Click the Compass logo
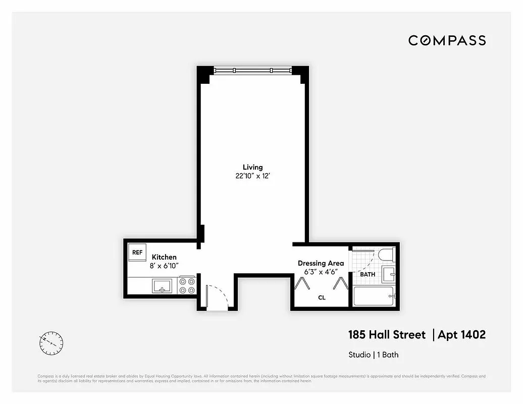pyautogui.click(x=447, y=40)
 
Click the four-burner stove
pyautogui.click(x=187, y=285)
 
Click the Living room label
pyautogui.click(x=252, y=167)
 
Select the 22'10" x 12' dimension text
pyautogui.click(x=252, y=176)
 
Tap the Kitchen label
pyautogui.click(x=164, y=257)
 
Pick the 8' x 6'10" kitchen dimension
pyautogui.click(x=164, y=266)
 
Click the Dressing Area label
pyautogui.click(x=321, y=263)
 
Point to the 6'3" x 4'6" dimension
pyautogui.click(x=321, y=272)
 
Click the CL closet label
pyautogui.click(x=322, y=297)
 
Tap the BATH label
pyautogui.click(x=368, y=274)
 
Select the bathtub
pyautogui.click(x=374, y=296)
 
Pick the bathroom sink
pyautogui.click(x=389, y=275)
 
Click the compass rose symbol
pyautogui.click(x=51, y=343)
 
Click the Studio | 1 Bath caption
pyautogui.click(x=373, y=355)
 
